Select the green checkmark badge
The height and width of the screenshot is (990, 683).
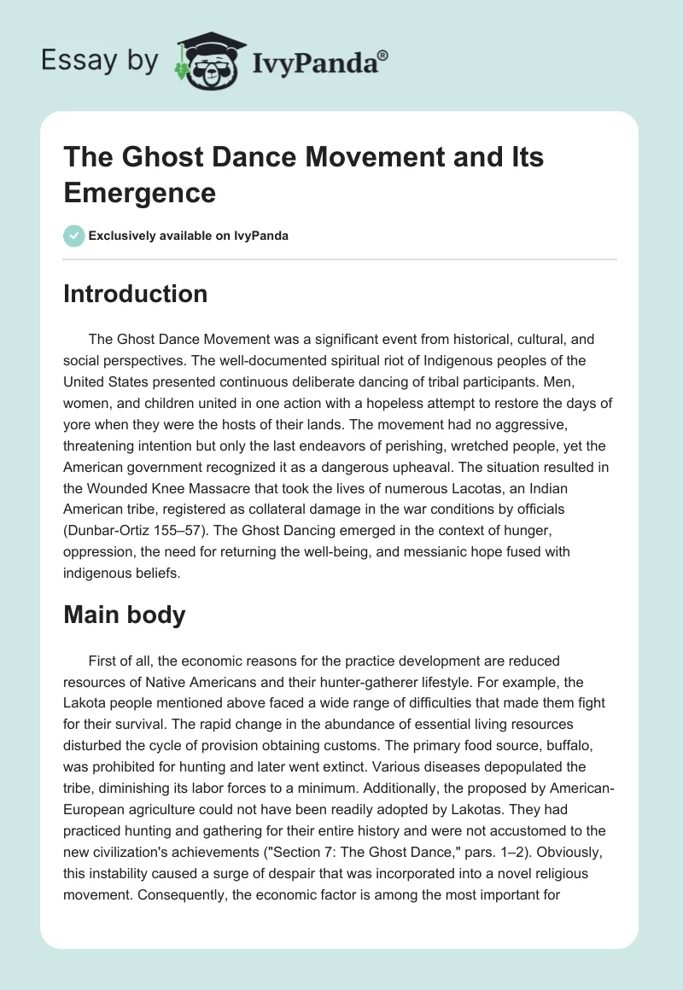tap(74, 236)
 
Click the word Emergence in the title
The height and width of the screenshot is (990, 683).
tap(140, 192)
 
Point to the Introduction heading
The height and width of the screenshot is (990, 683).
tap(136, 294)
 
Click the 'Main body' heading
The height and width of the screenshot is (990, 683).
tap(125, 615)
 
